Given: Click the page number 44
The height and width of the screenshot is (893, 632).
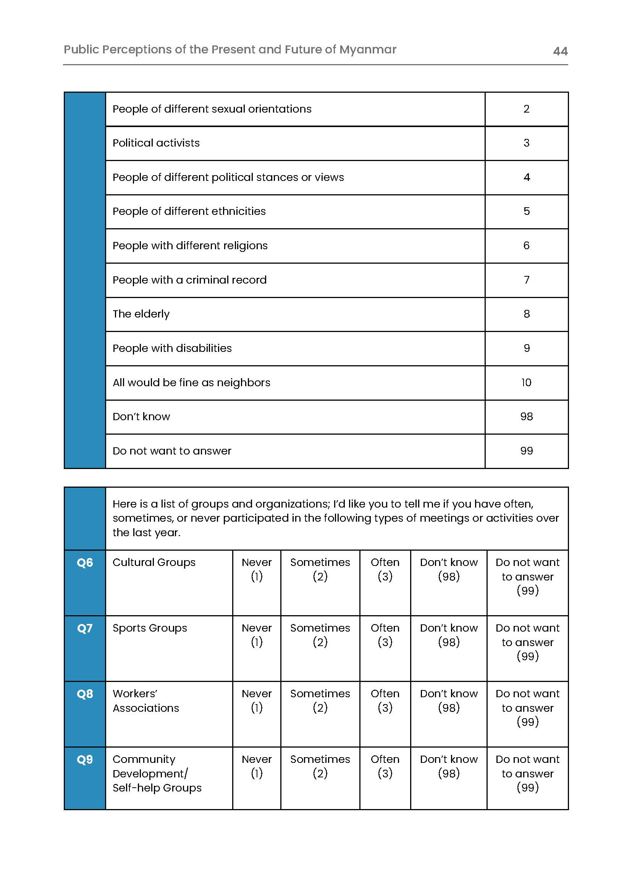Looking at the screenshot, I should click(560, 51).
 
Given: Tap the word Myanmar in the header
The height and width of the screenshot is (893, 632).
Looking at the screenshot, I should click(367, 50).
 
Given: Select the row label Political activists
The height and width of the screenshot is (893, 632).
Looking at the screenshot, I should click(156, 143).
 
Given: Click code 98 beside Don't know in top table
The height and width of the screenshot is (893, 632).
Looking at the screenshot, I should click(526, 417).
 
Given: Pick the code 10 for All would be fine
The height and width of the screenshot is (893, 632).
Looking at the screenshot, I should click(526, 382).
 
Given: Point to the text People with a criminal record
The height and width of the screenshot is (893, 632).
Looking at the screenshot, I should click(189, 280).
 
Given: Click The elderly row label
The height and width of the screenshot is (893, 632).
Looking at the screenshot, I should click(141, 314).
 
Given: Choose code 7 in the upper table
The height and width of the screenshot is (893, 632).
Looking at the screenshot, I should click(526, 280).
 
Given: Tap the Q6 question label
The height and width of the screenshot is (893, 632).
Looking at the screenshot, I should click(85, 563).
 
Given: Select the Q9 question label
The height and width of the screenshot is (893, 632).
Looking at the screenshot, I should click(85, 759).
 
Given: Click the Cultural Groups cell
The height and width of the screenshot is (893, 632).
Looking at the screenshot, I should click(154, 563).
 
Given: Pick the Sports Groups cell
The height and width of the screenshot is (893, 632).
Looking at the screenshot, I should click(150, 628).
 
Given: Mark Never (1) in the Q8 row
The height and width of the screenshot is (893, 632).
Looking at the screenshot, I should click(257, 701).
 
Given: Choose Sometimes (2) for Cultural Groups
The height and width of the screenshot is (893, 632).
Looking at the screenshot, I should click(320, 569).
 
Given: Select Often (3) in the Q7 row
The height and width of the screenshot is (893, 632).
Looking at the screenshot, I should click(385, 635).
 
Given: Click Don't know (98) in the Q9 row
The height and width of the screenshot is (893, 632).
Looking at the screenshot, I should click(448, 766).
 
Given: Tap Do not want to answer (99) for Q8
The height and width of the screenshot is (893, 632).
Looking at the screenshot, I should click(527, 708).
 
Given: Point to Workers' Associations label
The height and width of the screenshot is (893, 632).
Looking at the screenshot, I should click(145, 701).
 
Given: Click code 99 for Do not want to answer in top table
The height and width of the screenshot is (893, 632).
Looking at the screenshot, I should click(526, 451).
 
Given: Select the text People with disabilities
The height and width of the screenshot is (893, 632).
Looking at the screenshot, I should click(172, 348).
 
